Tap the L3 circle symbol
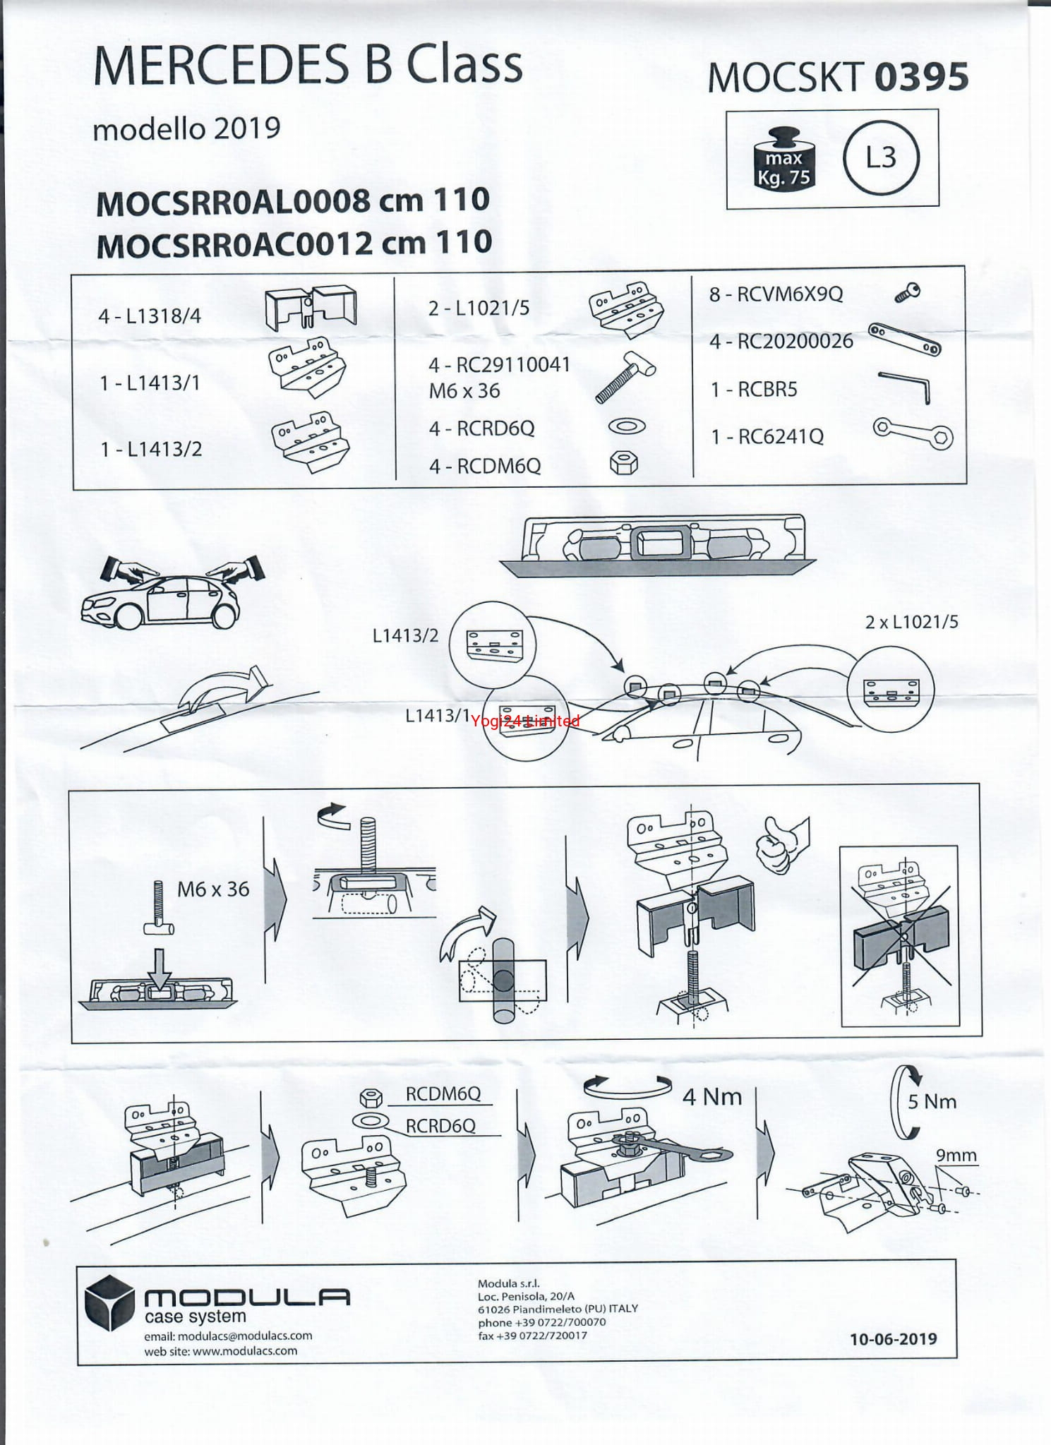click(x=881, y=157)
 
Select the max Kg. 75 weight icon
click(x=783, y=160)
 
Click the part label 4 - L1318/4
click(x=150, y=316)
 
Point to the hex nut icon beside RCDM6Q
click(x=624, y=464)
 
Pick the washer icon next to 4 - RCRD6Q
click(x=626, y=426)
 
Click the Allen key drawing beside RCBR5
click(x=906, y=387)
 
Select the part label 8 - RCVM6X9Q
click(x=776, y=294)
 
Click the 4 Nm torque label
click(x=712, y=1096)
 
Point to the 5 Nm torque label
click(x=932, y=1101)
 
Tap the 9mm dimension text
click(x=956, y=1155)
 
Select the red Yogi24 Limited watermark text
click(x=525, y=721)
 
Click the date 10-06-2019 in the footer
click(x=893, y=1339)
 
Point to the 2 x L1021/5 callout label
click(x=911, y=622)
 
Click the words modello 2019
click(x=187, y=128)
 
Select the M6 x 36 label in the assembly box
click(x=213, y=889)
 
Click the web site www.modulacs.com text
click(x=221, y=1351)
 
